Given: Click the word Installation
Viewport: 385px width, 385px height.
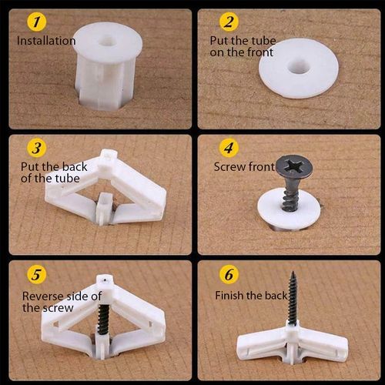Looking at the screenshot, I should point(46,41).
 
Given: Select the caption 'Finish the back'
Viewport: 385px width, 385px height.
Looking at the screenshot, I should point(250,295).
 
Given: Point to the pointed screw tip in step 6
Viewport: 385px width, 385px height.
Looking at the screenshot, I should point(293,273).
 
